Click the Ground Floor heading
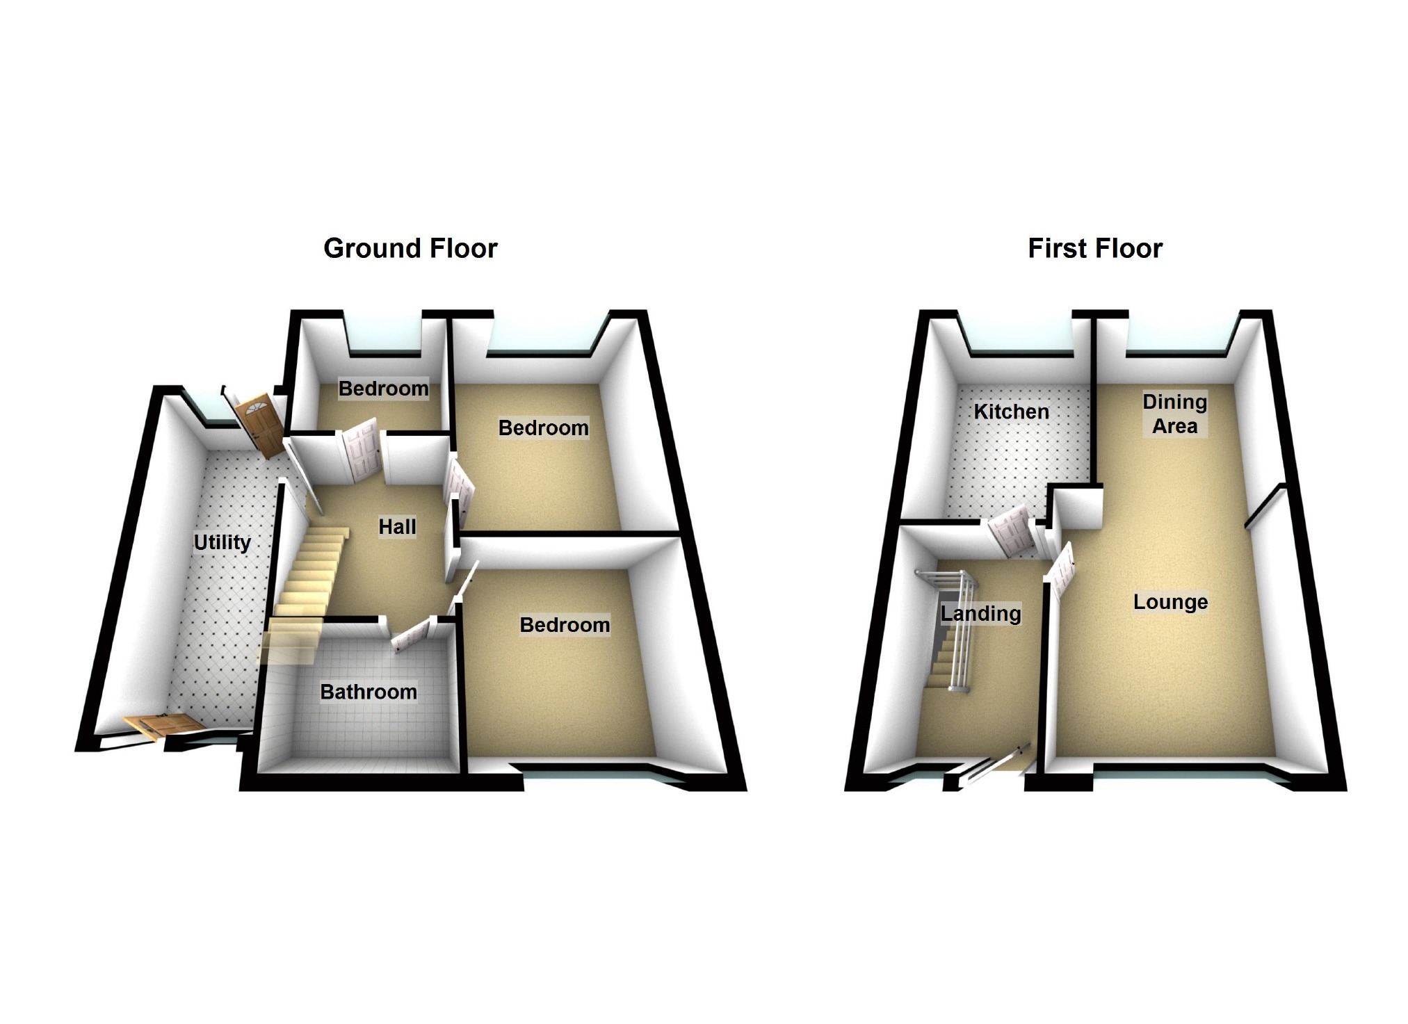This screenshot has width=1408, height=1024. click(x=410, y=248)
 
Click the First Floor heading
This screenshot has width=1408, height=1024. click(x=1094, y=248)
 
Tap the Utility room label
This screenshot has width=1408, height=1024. click(x=222, y=542)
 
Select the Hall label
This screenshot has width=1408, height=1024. click(x=397, y=526)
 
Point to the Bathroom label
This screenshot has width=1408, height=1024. click(x=369, y=692)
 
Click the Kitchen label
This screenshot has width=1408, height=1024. click(x=1011, y=412)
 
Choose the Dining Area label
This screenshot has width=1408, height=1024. click(x=1174, y=414)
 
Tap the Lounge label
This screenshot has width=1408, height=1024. click(x=1170, y=602)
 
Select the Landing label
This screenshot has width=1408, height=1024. click(x=980, y=614)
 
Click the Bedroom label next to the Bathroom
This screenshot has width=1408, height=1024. click(x=565, y=625)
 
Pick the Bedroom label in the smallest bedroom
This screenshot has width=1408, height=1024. click(x=383, y=388)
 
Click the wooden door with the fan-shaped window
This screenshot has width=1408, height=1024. click(x=259, y=423)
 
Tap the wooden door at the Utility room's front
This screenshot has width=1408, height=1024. click(x=164, y=726)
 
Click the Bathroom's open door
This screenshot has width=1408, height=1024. click(x=411, y=636)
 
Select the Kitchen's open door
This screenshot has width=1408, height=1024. click(x=1010, y=532)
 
